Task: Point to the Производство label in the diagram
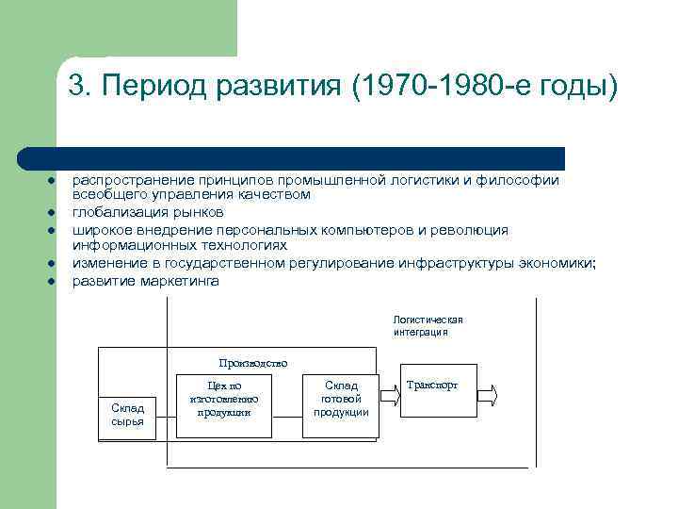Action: tap(252, 362)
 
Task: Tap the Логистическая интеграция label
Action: tap(428, 326)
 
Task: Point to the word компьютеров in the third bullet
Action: tap(359, 229)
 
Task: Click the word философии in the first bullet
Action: tap(522, 180)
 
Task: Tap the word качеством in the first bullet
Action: tap(273, 194)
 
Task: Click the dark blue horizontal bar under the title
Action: tap(292, 157)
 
